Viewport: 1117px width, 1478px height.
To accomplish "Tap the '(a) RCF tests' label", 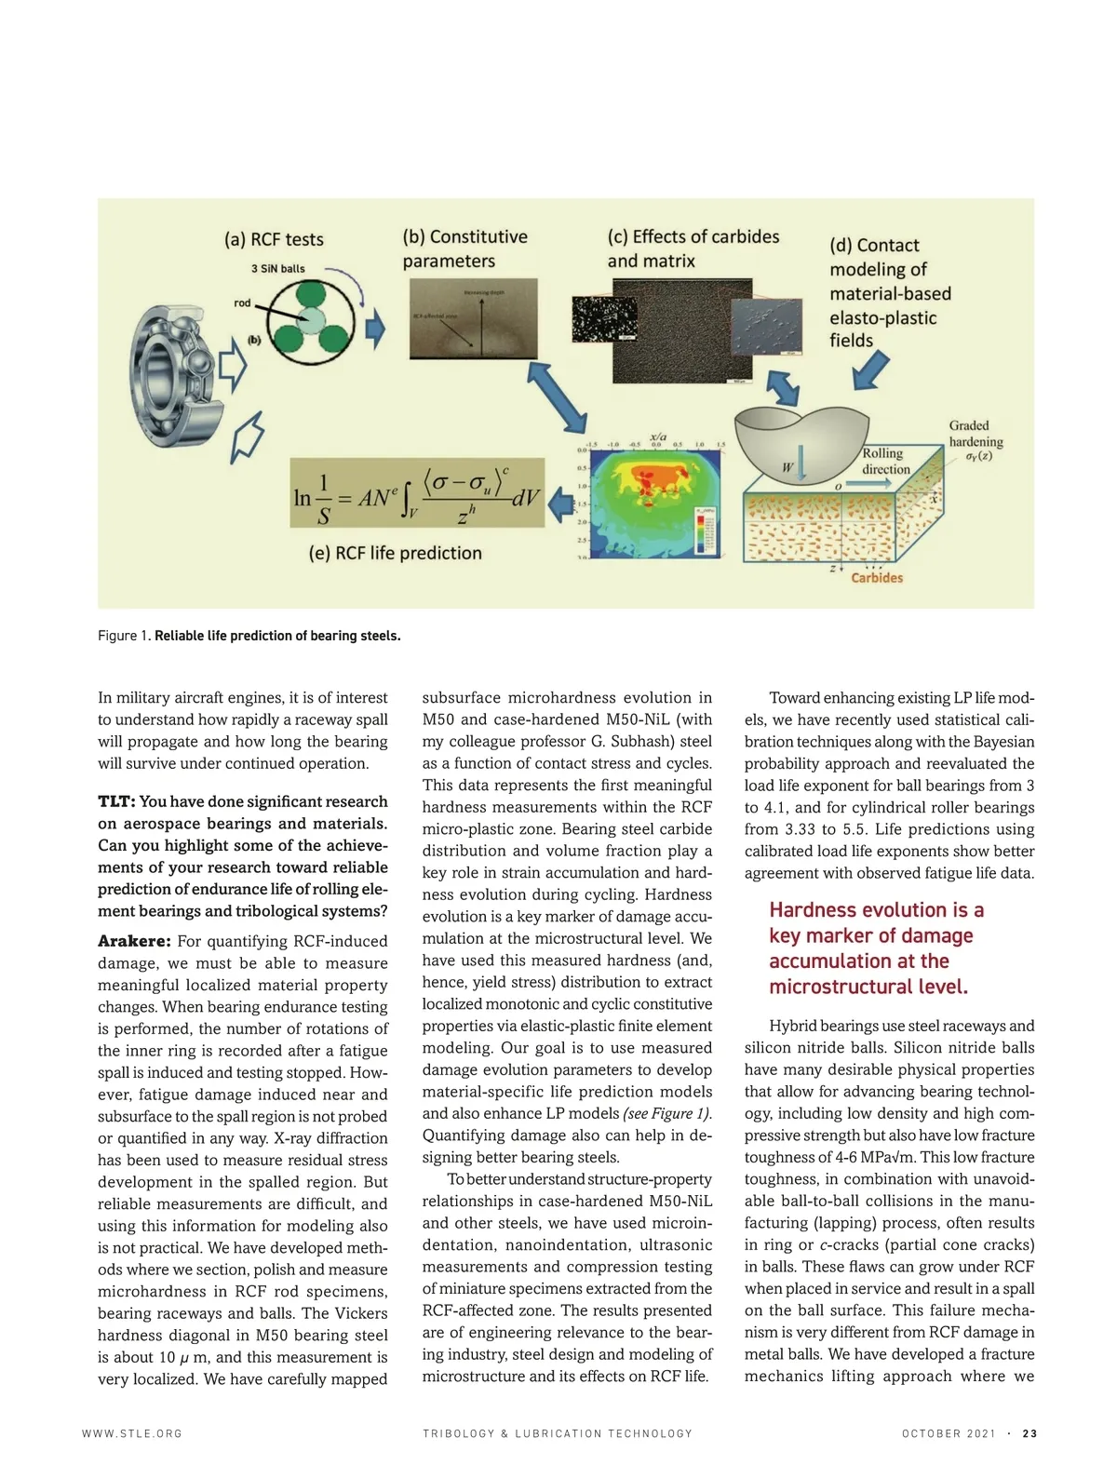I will click(x=274, y=239).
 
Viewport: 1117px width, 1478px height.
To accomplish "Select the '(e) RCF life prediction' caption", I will click(x=395, y=553).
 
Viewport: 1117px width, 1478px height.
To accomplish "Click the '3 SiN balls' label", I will click(x=277, y=269).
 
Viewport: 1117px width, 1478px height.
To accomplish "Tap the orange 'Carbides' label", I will click(x=877, y=578).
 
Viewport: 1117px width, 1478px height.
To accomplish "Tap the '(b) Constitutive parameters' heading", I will click(x=464, y=249).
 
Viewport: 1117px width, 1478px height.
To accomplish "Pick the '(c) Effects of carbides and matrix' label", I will click(x=693, y=249).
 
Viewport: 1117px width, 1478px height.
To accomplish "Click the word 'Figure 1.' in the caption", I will click(x=124, y=636).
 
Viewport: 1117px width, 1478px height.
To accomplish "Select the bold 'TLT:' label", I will click(x=117, y=801).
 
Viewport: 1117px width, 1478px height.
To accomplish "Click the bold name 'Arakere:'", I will click(x=134, y=941).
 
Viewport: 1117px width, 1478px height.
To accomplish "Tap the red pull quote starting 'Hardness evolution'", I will click(x=876, y=947).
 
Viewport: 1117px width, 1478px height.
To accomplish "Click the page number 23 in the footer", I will click(x=1030, y=1433).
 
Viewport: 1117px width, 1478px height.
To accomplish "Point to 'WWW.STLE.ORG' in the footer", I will click(x=132, y=1433).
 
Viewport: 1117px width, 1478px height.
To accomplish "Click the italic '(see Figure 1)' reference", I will click(x=666, y=1113).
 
